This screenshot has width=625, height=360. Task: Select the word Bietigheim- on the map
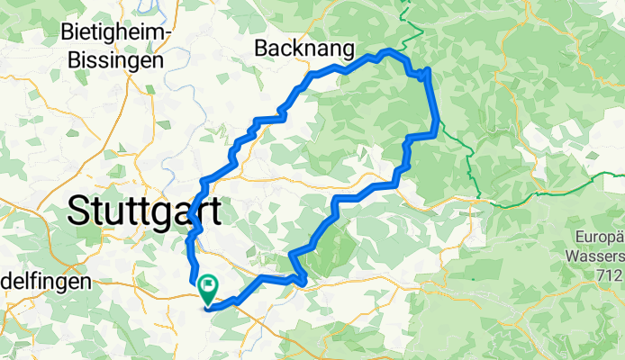[x=116, y=33]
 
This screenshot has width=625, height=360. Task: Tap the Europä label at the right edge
[x=600, y=238]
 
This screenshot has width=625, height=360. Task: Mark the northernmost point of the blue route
[x=387, y=50]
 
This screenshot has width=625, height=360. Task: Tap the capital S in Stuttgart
[x=79, y=212]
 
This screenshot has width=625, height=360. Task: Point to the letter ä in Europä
[x=620, y=237]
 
